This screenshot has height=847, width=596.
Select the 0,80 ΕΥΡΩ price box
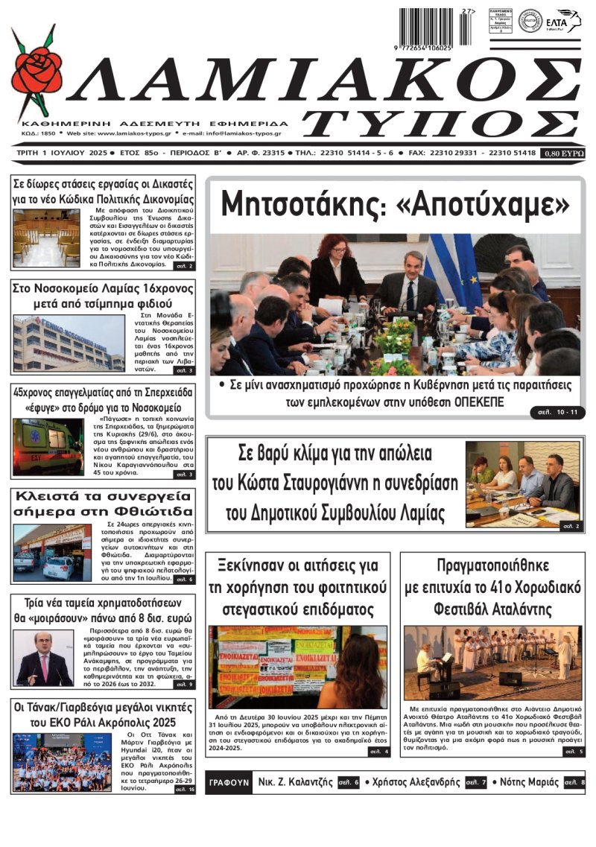point(564,153)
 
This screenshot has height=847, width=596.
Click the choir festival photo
point(492,662)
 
